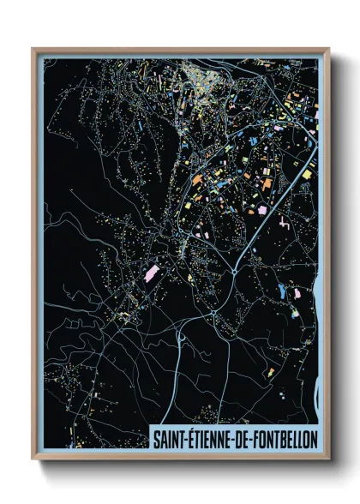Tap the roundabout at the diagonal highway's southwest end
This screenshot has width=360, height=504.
pos(235,272)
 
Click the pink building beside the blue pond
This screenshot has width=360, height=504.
pos(297,293)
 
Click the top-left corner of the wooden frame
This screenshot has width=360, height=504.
pos(33,49)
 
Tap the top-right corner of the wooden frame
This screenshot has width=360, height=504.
pos(328,49)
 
